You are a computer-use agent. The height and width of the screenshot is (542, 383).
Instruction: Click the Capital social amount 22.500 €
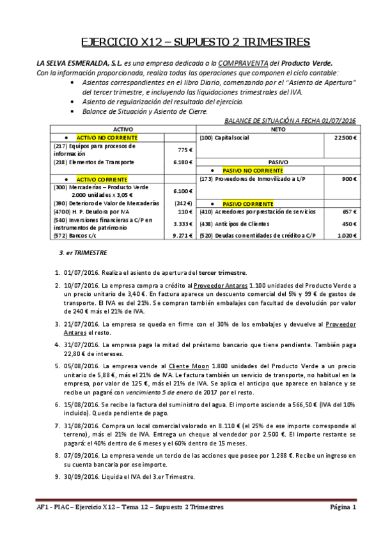pos(345,137)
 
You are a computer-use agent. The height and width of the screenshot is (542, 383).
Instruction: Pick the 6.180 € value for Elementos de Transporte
pos(183,162)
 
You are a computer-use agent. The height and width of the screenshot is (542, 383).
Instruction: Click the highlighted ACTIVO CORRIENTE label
pos(102,180)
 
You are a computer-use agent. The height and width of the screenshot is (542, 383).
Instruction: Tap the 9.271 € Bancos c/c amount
pos(183,235)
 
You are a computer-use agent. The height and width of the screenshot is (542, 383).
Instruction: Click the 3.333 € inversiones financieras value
pos(183,224)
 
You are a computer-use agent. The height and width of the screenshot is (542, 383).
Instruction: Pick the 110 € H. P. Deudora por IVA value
pos(185,211)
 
